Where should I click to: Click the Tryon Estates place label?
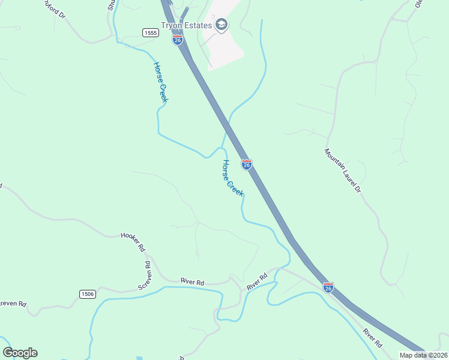click(x=185, y=25)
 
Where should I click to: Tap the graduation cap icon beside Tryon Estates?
click(x=221, y=25)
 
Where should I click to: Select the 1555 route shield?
click(x=151, y=32)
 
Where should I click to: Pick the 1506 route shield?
click(x=87, y=293)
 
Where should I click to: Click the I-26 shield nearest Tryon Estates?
click(x=177, y=40)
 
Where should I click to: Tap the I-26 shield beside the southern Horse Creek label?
click(x=246, y=164)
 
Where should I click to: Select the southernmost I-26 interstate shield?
click(x=328, y=287)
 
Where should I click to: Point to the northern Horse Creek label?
click(x=160, y=82)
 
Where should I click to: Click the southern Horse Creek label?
click(x=232, y=178)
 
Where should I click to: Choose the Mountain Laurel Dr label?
click(x=343, y=171)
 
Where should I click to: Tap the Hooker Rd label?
click(x=133, y=241)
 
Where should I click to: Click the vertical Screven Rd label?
click(x=145, y=275)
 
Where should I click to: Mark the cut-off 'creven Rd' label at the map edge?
click(x=13, y=304)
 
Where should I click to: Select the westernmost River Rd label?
click(x=193, y=282)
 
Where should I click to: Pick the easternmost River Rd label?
click(x=373, y=338)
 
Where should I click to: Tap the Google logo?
click(x=20, y=353)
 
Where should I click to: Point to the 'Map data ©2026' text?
click(x=423, y=355)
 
